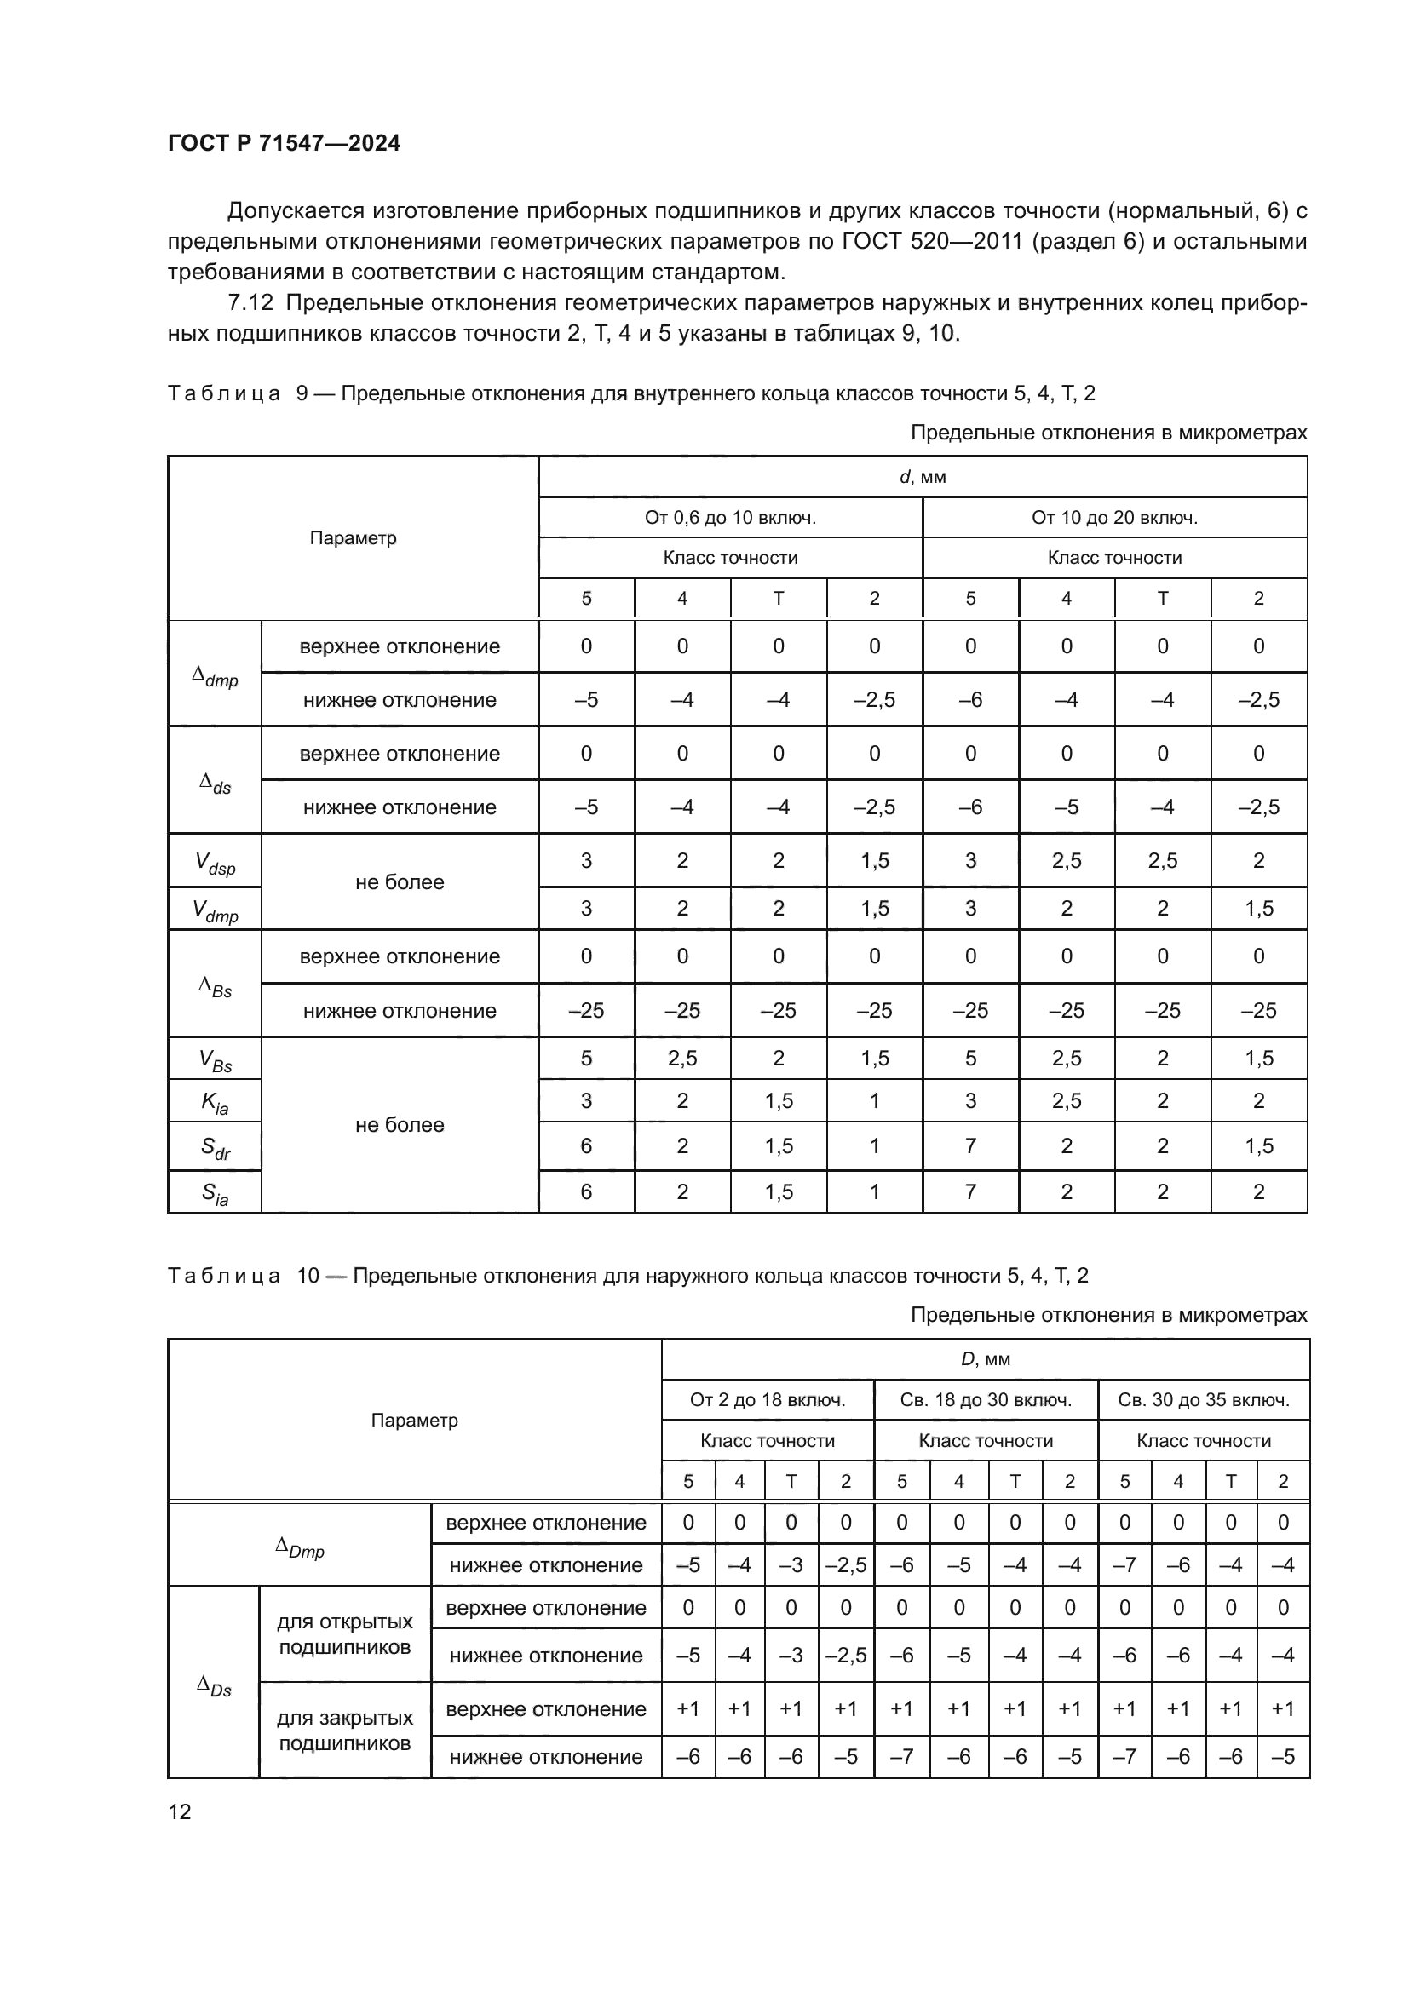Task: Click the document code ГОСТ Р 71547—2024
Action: tap(284, 143)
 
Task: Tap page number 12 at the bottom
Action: tap(180, 1811)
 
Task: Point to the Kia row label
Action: tap(215, 1102)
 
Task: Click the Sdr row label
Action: tap(215, 1148)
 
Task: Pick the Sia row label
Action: tap(215, 1194)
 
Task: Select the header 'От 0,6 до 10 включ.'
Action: tap(730, 518)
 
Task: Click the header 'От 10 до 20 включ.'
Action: tap(1114, 518)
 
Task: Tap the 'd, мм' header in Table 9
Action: tap(923, 477)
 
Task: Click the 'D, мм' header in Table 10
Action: tap(985, 1359)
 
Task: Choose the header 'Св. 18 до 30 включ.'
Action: tap(986, 1400)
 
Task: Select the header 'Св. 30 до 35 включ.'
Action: tap(1204, 1400)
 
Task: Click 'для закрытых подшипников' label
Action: tap(344, 1731)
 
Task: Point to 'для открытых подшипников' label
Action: tap(344, 1634)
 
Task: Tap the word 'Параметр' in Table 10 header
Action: tap(414, 1421)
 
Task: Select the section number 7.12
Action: tap(250, 303)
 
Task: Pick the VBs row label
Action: tap(215, 1060)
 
